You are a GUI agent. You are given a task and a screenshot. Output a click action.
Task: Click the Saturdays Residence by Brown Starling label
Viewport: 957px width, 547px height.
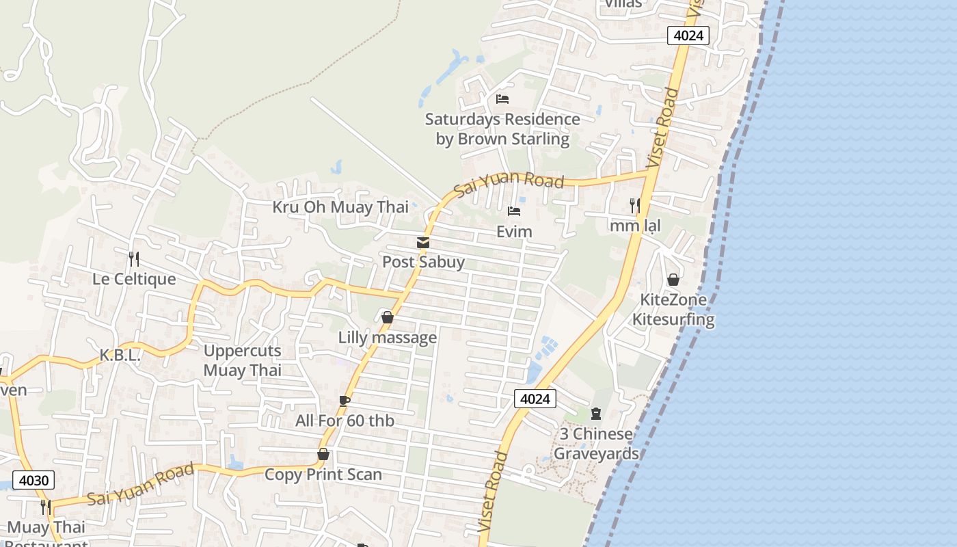pyautogui.click(x=502, y=129)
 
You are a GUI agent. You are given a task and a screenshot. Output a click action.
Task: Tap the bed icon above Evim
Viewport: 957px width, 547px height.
pyautogui.click(x=514, y=211)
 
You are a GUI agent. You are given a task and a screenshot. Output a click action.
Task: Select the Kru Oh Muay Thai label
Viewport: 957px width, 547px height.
pyautogui.click(x=340, y=207)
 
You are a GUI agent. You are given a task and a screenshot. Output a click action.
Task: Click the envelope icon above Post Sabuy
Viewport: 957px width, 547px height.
pyautogui.click(x=423, y=243)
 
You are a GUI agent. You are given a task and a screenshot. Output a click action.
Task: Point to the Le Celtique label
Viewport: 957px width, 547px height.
pyautogui.click(x=134, y=279)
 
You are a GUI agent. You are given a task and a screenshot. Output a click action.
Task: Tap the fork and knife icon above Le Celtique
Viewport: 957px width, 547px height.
pyautogui.click(x=134, y=259)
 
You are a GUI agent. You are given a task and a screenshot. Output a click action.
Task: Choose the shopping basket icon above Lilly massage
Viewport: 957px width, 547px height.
pyautogui.click(x=388, y=317)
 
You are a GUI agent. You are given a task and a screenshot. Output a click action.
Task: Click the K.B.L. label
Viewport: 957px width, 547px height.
pyautogui.click(x=120, y=356)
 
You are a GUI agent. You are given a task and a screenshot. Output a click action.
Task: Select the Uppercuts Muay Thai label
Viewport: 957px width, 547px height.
pyautogui.click(x=243, y=360)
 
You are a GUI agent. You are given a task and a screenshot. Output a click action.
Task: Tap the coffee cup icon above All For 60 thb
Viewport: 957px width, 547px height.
pyautogui.click(x=345, y=401)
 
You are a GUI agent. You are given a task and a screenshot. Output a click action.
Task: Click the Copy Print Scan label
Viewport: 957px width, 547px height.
pyautogui.click(x=323, y=475)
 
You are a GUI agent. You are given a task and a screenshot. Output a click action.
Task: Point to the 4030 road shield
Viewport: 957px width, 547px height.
pyautogui.click(x=33, y=480)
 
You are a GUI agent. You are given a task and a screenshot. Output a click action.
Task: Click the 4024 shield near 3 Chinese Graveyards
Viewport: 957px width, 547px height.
pyautogui.click(x=535, y=399)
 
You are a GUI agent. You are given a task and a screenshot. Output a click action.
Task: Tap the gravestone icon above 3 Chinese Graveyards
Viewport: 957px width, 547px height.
pyautogui.click(x=596, y=414)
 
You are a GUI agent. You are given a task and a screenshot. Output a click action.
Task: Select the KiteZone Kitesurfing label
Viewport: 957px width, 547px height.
pyautogui.click(x=673, y=309)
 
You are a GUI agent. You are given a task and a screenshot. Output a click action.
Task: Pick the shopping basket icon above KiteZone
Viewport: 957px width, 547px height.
pyautogui.click(x=673, y=280)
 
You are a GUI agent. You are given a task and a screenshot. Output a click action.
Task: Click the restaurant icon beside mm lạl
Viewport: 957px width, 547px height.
pyautogui.click(x=634, y=205)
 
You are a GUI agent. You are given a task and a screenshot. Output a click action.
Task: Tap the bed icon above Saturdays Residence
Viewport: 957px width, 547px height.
pyautogui.click(x=502, y=99)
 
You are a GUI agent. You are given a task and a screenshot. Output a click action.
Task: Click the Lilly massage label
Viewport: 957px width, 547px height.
pyautogui.click(x=388, y=338)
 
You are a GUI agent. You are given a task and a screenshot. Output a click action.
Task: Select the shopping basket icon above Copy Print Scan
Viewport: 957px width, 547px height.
pyautogui.click(x=323, y=454)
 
